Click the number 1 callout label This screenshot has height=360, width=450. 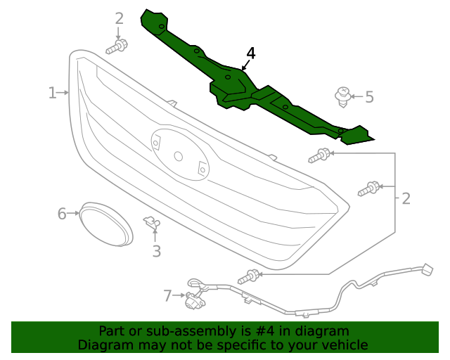point(52,93)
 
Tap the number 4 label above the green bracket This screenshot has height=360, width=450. point(251,53)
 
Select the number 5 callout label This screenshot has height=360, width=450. point(369,97)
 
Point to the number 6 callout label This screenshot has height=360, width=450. point(62,213)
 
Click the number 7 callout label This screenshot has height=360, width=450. point(167,296)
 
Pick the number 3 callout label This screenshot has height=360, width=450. point(156,250)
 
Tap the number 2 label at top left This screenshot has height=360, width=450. point(119,18)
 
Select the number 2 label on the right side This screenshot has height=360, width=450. point(406,199)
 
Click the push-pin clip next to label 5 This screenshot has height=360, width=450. point(342,96)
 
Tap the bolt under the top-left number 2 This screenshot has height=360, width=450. point(117,48)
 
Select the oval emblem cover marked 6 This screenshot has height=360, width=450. point(105,224)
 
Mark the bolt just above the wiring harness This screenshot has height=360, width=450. point(248,277)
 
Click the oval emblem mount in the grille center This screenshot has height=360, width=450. point(179,156)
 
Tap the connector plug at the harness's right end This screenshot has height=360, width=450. point(426,270)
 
